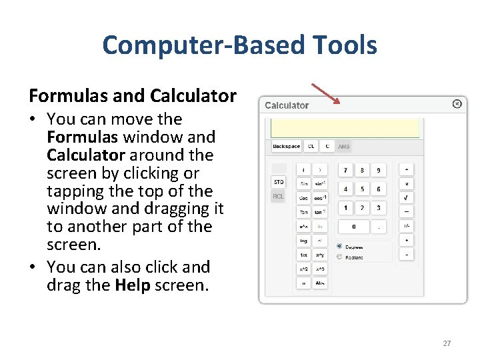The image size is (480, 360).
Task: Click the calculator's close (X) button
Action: tap(457, 103)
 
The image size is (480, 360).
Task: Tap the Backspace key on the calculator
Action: tap(287, 147)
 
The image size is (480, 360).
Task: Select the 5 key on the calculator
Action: tap(362, 189)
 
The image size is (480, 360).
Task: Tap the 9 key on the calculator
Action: tap(379, 171)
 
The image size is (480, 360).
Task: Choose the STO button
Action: tap(279, 182)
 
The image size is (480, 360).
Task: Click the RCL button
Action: tap(279, 197)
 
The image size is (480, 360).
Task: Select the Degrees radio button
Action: tap(339, 246)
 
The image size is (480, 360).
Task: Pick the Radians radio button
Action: tap(339, 257)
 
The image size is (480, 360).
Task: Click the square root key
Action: tap(405, 198)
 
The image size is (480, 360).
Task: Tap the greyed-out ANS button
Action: tap(344, 147)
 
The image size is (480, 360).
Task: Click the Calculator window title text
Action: tap(287, 105)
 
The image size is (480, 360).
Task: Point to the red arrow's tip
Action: tap(339, 103)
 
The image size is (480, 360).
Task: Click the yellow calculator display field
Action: tap(344, 128)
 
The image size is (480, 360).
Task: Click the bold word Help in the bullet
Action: tap(128, 285)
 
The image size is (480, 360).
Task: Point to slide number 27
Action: tap(447, 343)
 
